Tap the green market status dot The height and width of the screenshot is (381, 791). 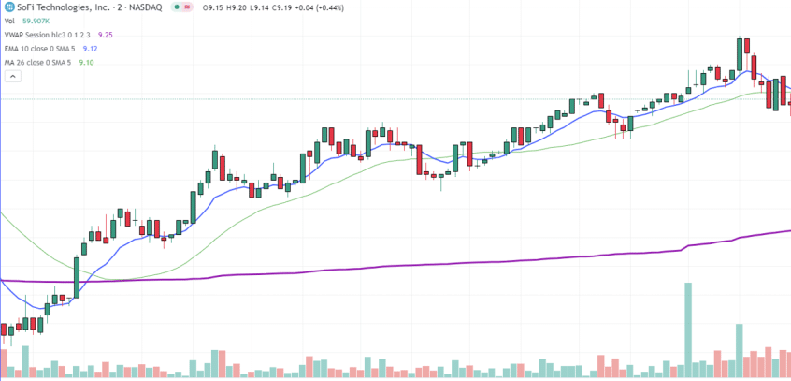176,8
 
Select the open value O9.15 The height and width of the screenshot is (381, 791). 212,8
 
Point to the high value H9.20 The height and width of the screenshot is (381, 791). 237,8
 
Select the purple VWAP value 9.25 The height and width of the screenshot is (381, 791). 105,35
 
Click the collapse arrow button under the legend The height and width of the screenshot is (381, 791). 13,77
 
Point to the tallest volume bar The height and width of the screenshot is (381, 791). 687,330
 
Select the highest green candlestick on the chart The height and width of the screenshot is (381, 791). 740,54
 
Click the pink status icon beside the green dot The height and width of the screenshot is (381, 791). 187,8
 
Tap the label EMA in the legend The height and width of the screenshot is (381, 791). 11,49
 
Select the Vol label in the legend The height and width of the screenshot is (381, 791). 9,22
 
